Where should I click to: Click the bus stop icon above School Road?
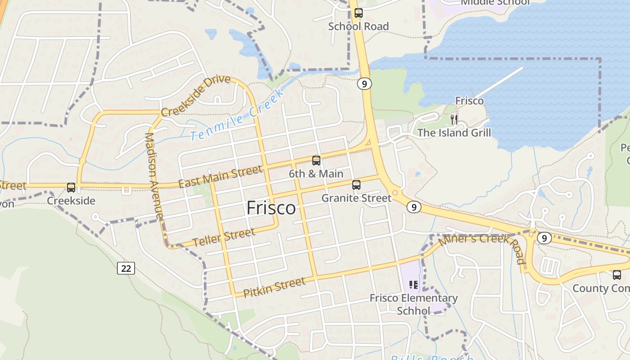tap(358, 13)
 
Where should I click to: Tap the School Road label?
tap(358, 27)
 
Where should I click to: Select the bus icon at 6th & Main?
tap(316, 161)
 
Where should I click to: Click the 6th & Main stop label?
tap(316, 174)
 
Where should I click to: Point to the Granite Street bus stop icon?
tap(356, 184)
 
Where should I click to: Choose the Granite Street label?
tap(356, 198)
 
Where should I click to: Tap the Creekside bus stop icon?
tap(71, 188)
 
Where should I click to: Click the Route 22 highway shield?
tap(126, 268)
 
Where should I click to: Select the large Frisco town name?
tap(271, 208)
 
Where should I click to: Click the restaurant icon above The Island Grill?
tap(454, 120)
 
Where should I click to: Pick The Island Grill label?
tap(454, 133)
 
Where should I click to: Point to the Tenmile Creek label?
tap(237, 115)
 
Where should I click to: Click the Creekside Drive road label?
tap(196, 95)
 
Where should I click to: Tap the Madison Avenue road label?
tap(153, 175)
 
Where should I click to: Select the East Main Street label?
tap(220, 176)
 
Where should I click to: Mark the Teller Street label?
tap(224, 237)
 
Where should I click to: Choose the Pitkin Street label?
tap(274, 287)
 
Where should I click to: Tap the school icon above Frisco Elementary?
tap(413, 285)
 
